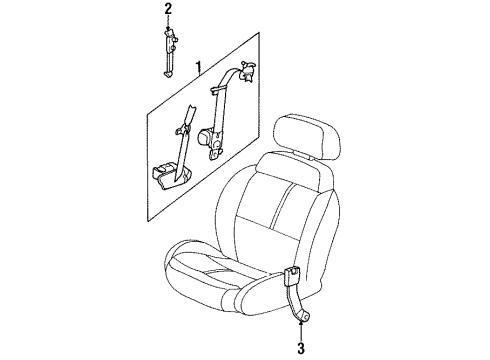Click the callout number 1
point(199,68)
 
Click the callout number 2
point(168,10)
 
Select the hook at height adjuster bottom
point(167,69)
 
